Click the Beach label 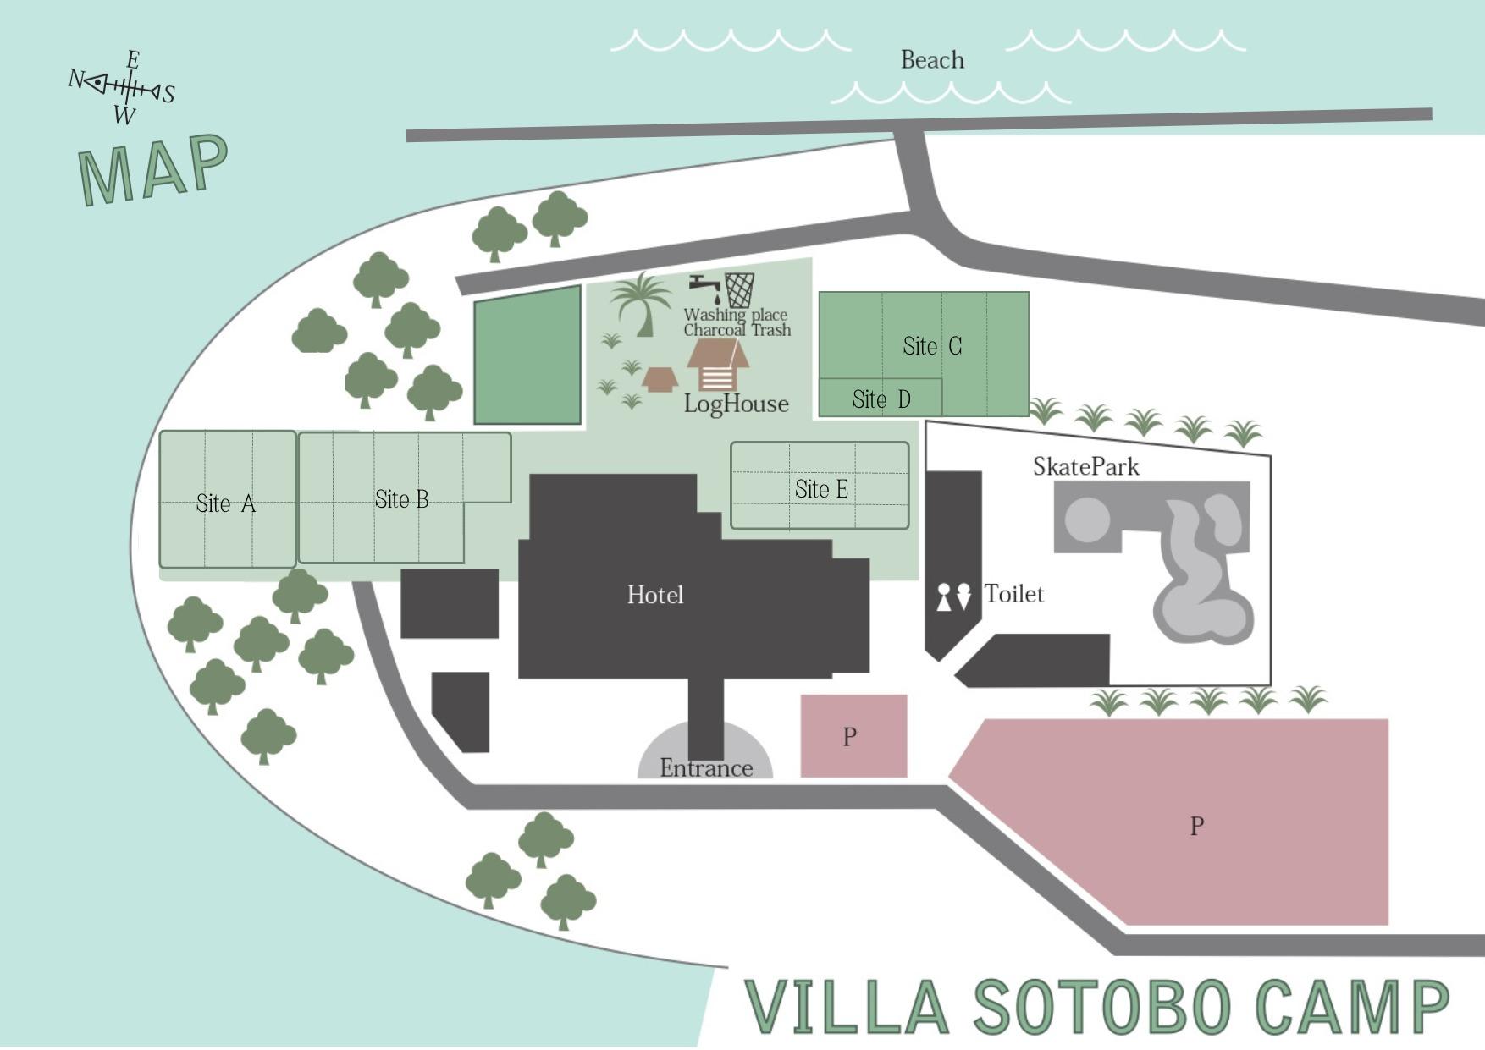coord(932,60)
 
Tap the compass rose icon coord(123,86)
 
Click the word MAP coord(153,169)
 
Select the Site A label coord(225,503)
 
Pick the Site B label coord(402,499)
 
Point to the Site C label coord(932,346)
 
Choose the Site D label coord(881,399)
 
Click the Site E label coord(821,489)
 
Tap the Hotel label coord(655,595)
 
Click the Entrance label coord(706,768)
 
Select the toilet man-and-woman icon coord(953,596)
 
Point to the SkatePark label coord(1085,466)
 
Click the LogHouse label coord(737,404)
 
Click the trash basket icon coord(739,290)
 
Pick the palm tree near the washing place coord(642,303)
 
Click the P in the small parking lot coord(850,737)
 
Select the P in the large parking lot coord(1197,826)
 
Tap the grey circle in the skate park coord(1087,519)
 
